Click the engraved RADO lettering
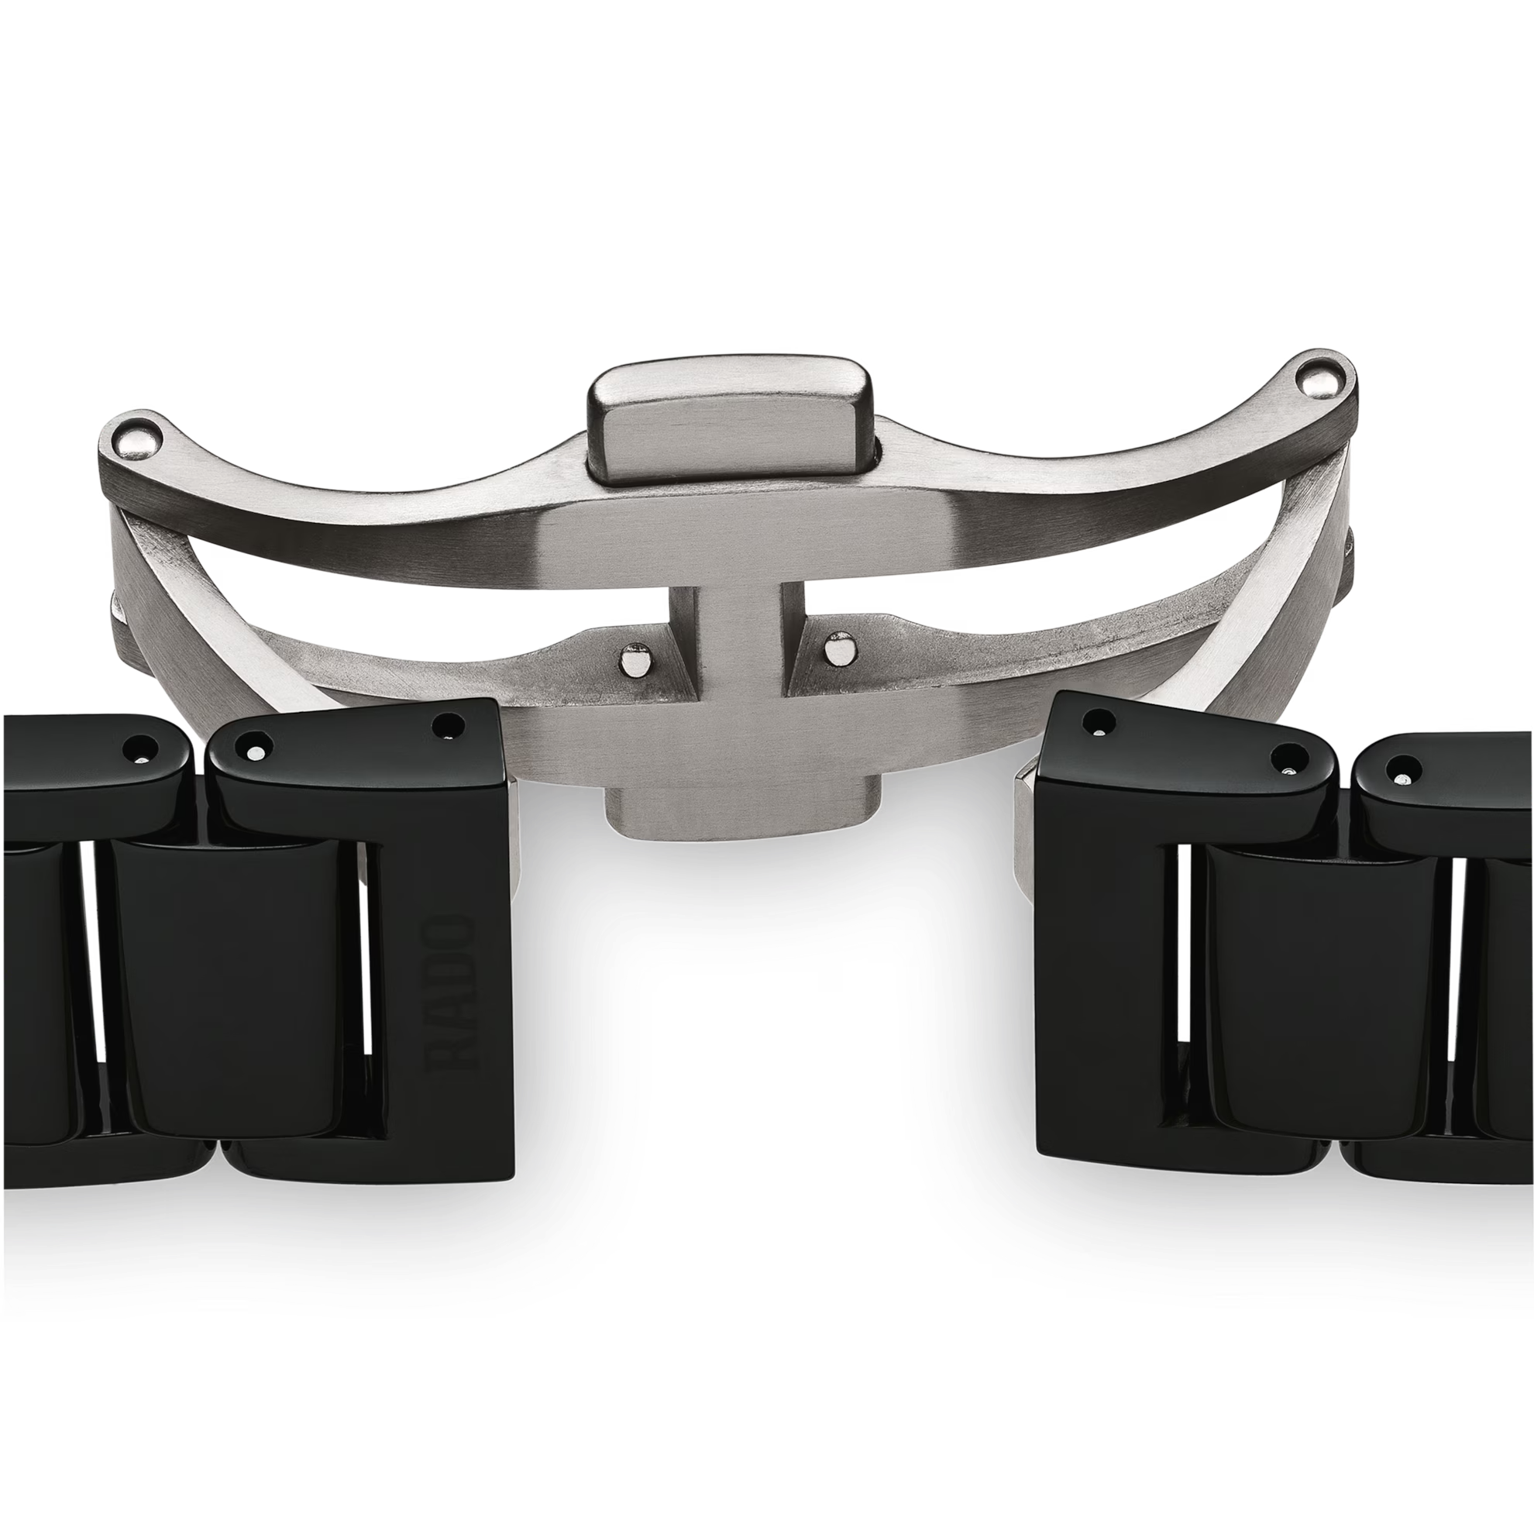point(451,992)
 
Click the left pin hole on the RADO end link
point(256,748)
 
